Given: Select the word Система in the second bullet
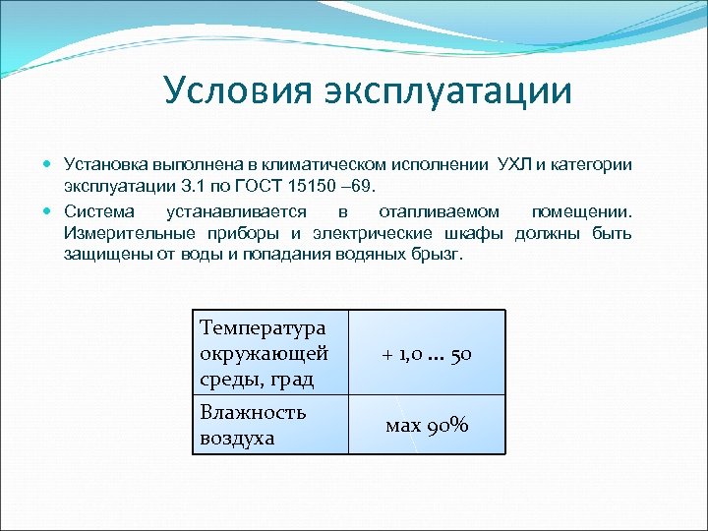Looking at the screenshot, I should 96,211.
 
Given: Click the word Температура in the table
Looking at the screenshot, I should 262,327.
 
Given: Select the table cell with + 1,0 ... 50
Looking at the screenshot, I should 427,354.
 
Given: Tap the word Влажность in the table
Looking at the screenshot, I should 253,412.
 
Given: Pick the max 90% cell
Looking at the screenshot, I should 427,425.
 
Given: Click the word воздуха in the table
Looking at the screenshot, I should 237,438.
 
